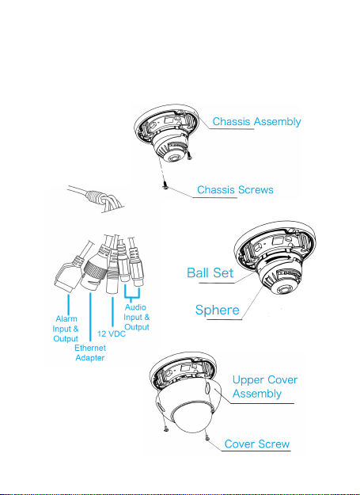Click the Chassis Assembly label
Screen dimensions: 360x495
click(x=256, y=121)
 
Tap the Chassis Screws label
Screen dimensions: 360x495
click(x=235, y=190)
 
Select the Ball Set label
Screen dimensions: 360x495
click(x=210, y=272)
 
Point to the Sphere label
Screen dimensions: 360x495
click(x=218, y=310)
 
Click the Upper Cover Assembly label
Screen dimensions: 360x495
click(x=265, y=386)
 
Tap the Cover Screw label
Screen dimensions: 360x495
click(x=257, y=444)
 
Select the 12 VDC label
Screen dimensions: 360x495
click(x=112, y=333)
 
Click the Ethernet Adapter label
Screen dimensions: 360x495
click(x=90, y=352)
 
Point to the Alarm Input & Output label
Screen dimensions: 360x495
click(x=66, y=329)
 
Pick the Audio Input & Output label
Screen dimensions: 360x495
click(x=137, y=317)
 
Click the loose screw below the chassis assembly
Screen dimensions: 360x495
click(x=165, y=187)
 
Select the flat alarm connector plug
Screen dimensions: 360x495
click(x=66, y=277)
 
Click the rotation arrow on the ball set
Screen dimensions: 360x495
click(x=278, y=259)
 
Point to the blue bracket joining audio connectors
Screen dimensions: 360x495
click(x=132, y=292)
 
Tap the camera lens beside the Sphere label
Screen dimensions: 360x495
click(x=282, y=289)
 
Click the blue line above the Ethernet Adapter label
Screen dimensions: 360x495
click(x=90, y=318)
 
